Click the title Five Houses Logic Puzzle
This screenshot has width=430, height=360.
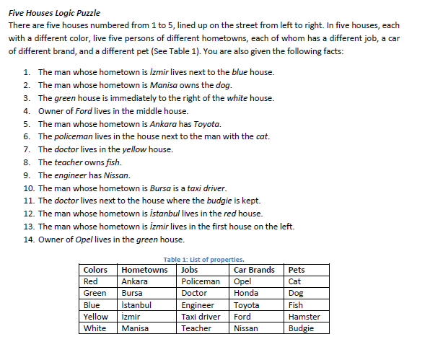pos(54,13)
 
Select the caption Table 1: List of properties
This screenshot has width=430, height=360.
pos(203,260)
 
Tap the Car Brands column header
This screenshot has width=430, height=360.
pos(254,270)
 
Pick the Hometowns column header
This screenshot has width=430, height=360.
pos(144,270)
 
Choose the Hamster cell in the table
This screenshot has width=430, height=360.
pos(304,317)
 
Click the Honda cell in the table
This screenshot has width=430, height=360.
pos(247,294)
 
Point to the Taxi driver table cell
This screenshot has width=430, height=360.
pos(201,317)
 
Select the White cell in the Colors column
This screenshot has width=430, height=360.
pos(95,328)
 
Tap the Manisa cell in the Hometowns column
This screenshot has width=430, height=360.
pos(135,328)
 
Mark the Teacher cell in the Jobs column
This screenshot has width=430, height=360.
pos(196,328)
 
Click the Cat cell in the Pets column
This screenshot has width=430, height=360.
pos(294,281)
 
